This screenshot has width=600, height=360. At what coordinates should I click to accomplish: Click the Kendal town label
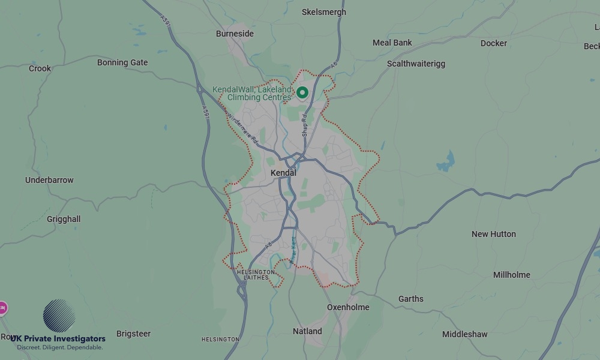tap(283, 173)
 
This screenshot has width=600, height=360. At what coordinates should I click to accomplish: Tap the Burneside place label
tap(235, 34)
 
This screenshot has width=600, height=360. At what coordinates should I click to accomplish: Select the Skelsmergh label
tap(324, 12)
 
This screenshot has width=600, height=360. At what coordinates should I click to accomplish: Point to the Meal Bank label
tap(392, 43)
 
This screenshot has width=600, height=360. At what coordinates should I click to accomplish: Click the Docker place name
tap(494, 43)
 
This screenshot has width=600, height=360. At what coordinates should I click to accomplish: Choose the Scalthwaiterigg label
tap(416, 64)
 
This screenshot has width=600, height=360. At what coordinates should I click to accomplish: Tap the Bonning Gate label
tap(122, 62)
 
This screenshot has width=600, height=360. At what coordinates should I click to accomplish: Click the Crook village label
tap(40, 68)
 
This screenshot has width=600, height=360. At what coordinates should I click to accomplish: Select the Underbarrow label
tap(49, 180)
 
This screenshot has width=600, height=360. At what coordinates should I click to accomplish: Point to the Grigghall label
tap(64, 219)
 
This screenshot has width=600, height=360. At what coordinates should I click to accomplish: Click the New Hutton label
tap(494, 234)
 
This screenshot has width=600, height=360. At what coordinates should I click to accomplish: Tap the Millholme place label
tap(512, 275)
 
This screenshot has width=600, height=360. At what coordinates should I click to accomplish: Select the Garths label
tap(411, 299)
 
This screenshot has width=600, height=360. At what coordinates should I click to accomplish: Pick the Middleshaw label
tap(465, 334)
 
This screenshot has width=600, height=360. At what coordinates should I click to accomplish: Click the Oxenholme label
tap(348, 307)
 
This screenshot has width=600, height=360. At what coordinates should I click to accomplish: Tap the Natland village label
tap(307, 331)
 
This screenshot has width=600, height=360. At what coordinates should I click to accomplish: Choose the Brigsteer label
tap(133, 334)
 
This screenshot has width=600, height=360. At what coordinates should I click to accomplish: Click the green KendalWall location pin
tap(302, 92)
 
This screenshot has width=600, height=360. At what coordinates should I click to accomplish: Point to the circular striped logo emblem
tap(59, 316)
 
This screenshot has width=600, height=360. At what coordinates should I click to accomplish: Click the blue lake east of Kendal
tap(446, 161)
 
